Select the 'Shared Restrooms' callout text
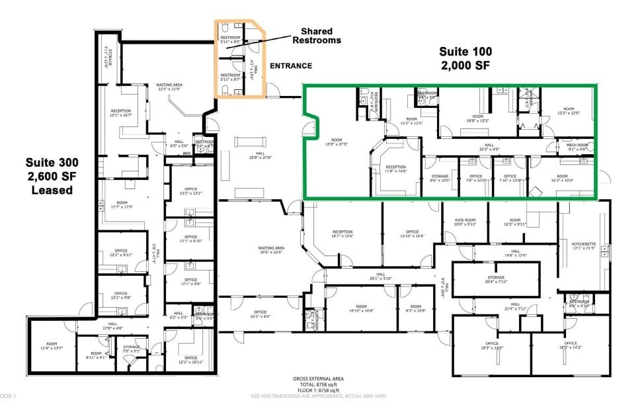click(321, 36)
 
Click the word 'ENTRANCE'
click(290, 66)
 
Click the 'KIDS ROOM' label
click(465, 222)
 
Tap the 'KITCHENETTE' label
click(583, 246)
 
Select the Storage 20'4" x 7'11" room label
click(496, 279)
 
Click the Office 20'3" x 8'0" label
click(260, 314)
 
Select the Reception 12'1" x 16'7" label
click(121, 113)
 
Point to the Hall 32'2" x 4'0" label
click(489, 147)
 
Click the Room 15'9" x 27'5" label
click(337, 142)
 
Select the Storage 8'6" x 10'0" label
click(440, 178)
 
